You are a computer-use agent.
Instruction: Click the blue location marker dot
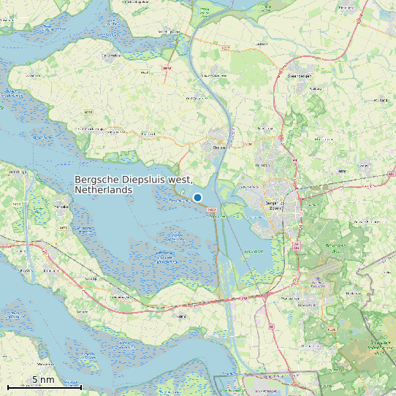coord(197,197)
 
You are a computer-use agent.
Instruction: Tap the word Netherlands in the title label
coord(103,190)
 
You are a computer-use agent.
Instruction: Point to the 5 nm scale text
coord(43,380)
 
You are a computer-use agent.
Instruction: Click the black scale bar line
coord(44,387)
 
